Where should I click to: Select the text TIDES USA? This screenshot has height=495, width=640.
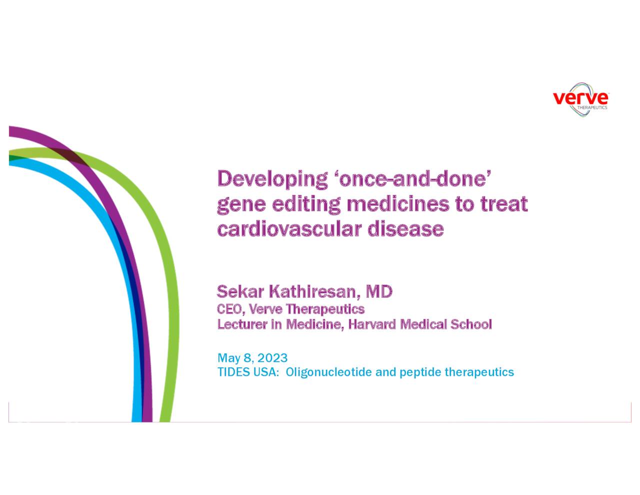point(246,372)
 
